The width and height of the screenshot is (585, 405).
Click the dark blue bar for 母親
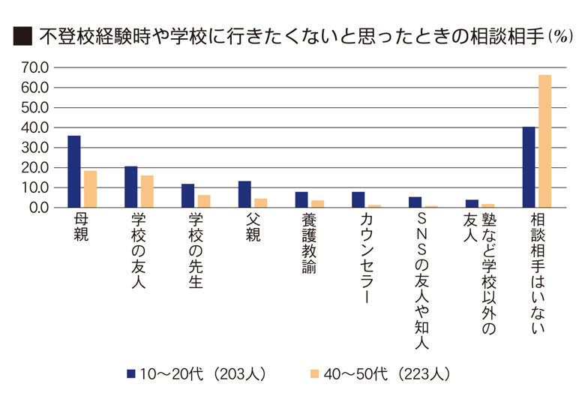pos(74,171)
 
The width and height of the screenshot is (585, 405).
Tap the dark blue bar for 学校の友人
pos(130,187)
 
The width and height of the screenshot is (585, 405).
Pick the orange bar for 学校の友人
pos(147,191)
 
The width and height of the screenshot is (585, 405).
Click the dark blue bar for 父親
pos(244,194)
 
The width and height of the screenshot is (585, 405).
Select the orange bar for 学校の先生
pos(204,201)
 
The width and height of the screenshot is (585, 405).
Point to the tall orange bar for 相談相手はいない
pos(544,141)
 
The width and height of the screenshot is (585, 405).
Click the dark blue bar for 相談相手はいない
pos(529,166)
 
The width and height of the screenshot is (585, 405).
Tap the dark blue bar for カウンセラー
pos(358,199)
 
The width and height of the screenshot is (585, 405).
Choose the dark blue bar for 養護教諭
pos(301,199)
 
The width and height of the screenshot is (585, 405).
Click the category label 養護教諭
pos(309,243)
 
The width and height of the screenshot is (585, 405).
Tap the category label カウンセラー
pos(367,258)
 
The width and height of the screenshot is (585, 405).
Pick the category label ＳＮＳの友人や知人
pos(421,281)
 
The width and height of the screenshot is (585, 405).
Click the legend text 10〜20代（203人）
pos(203,373)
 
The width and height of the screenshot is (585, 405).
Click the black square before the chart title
pos(22,36)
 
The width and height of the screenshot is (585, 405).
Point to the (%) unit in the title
pos(559,36)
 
